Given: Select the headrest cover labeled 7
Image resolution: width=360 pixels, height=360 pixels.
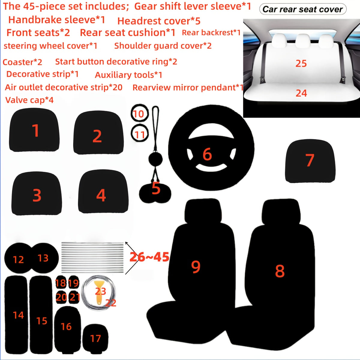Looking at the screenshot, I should [x=310, y=161].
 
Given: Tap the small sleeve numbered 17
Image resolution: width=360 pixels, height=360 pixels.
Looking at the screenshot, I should [x=95, y=338].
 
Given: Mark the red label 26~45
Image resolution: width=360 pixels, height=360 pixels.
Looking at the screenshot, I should [x=149, y=257].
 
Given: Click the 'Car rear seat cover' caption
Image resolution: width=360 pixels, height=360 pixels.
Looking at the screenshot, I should [x=302, y=9].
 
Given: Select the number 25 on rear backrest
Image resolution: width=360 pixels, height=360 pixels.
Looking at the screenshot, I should [x=301, y=63].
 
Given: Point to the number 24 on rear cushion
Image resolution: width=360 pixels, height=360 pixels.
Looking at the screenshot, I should [x=301, y=93].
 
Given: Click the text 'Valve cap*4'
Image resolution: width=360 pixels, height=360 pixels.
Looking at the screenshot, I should [x=29, y=100].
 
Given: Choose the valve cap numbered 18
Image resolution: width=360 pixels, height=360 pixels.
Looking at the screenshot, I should [x=60, y=283].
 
